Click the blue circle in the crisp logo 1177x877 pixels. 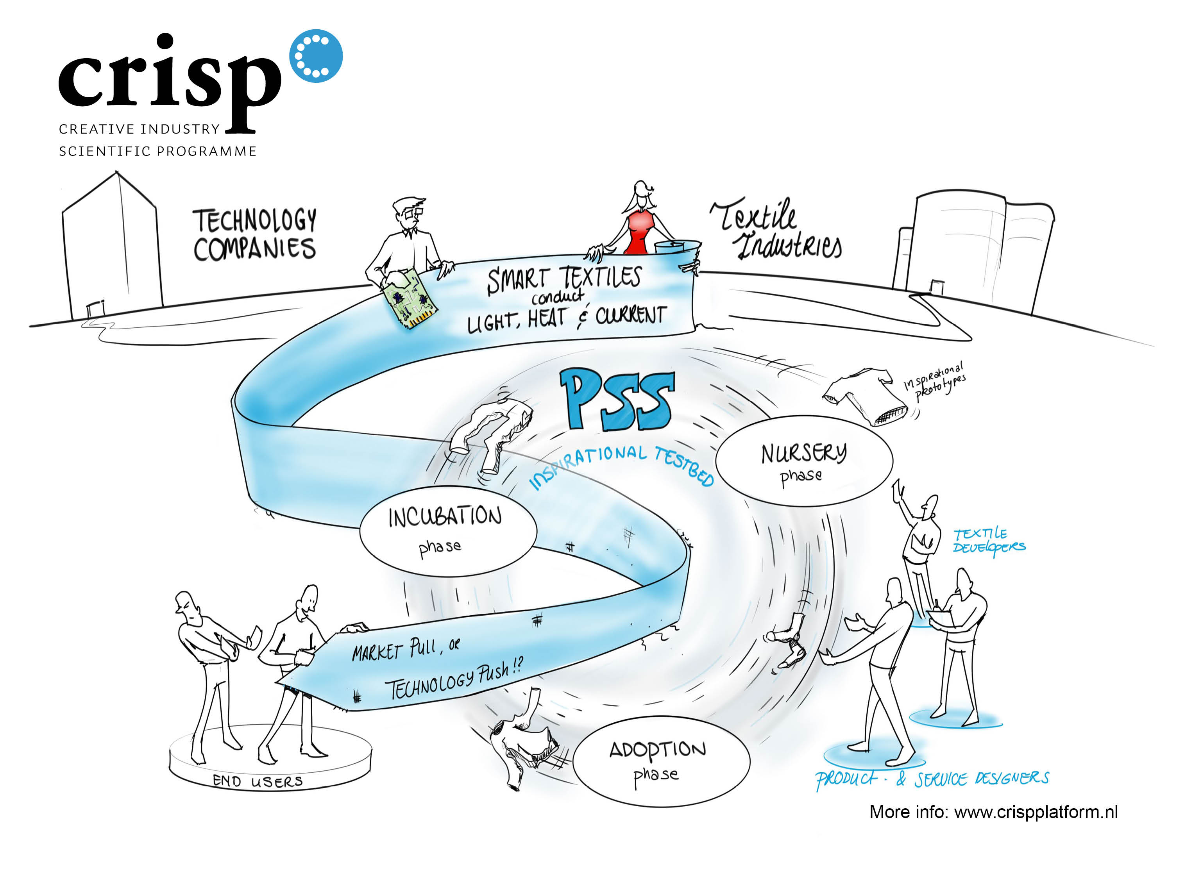click(x=316, y=56)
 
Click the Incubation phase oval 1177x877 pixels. click(x=447, y=531)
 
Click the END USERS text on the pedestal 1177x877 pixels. click(x=258, y=781)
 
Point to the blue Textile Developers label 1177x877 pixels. click(x=987, y=540)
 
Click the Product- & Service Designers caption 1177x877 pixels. click(x=932, y=779)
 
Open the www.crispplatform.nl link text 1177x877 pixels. click(x=1035, y=812)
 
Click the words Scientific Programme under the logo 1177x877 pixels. click(x=158, y=151)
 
